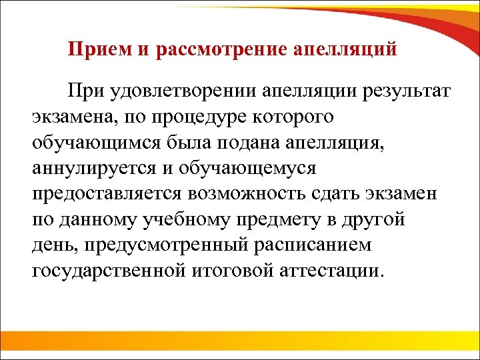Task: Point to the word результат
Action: tap(405, 90)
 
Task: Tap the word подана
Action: tap(217, 142)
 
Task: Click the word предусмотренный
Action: tap(157, 246)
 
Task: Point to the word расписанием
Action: tap(310, 246)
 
